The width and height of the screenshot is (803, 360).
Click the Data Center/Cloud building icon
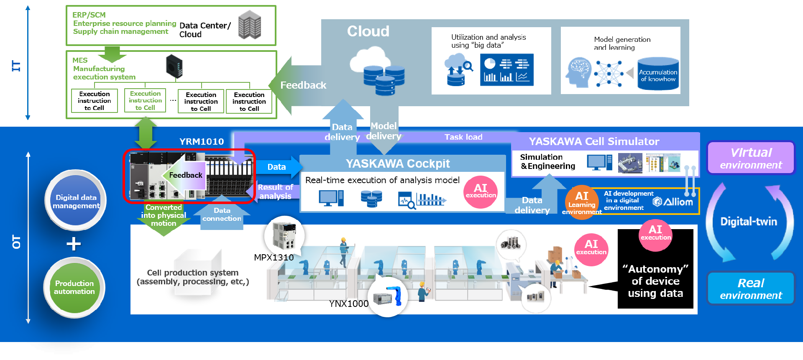pyautogui.click(x=250, y=25)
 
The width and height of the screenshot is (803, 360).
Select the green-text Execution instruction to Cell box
pyautogui.click(x=145, y=101)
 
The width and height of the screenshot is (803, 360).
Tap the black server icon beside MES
pyautogui.click(x=174, y=66)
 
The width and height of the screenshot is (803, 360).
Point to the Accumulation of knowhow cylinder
pyautogui.click(x=658, y=75)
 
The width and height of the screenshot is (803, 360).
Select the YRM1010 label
pyautogui.click(x=202, y=142)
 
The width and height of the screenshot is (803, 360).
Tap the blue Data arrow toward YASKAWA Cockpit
pyautogui.click(x=277, y=167)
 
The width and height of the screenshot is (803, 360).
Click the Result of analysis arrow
pyautogui.click(x=274, y=192)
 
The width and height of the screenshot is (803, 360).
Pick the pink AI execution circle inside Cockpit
pyautogui.click(x=481, y=192)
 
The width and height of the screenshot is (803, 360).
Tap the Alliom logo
pyautogui.click(x=673, y=202)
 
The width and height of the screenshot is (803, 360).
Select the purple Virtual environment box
pyautogui.click(x=751, y=158)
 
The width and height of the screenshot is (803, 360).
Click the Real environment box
pyautogui.click(x=751, y=289)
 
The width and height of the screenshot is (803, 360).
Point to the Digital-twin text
pyautogui.click(x=749, y=222)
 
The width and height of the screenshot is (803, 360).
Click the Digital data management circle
pyautogui.click(x=76, y=201)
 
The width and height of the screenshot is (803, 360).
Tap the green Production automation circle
pyautogui.click(x=74, y=287)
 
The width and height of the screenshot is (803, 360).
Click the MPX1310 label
pyautogui.click(x=274, y=258)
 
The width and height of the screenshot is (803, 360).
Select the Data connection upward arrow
pyautogui.click(x=222, y=214)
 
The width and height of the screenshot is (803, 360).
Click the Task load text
pyautogui.click(x=463, y=137)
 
